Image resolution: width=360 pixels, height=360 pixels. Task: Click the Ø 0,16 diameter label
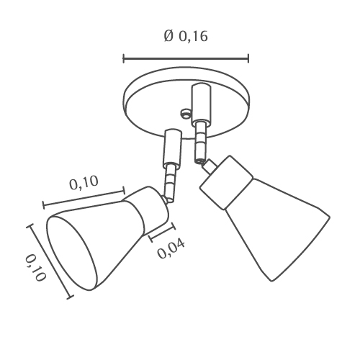[186, 36]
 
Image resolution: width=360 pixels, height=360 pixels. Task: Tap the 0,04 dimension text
[171, 248]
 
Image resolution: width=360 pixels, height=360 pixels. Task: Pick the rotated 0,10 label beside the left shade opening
[35, 268]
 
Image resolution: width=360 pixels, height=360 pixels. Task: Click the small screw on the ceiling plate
[186, 113]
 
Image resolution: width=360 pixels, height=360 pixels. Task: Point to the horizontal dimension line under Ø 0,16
[186, 58]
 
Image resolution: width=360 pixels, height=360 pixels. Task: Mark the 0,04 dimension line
[162, 233]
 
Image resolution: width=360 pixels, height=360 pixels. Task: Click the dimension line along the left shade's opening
[50, 261]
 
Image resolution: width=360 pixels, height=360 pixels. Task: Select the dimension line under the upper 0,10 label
[84, 198]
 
